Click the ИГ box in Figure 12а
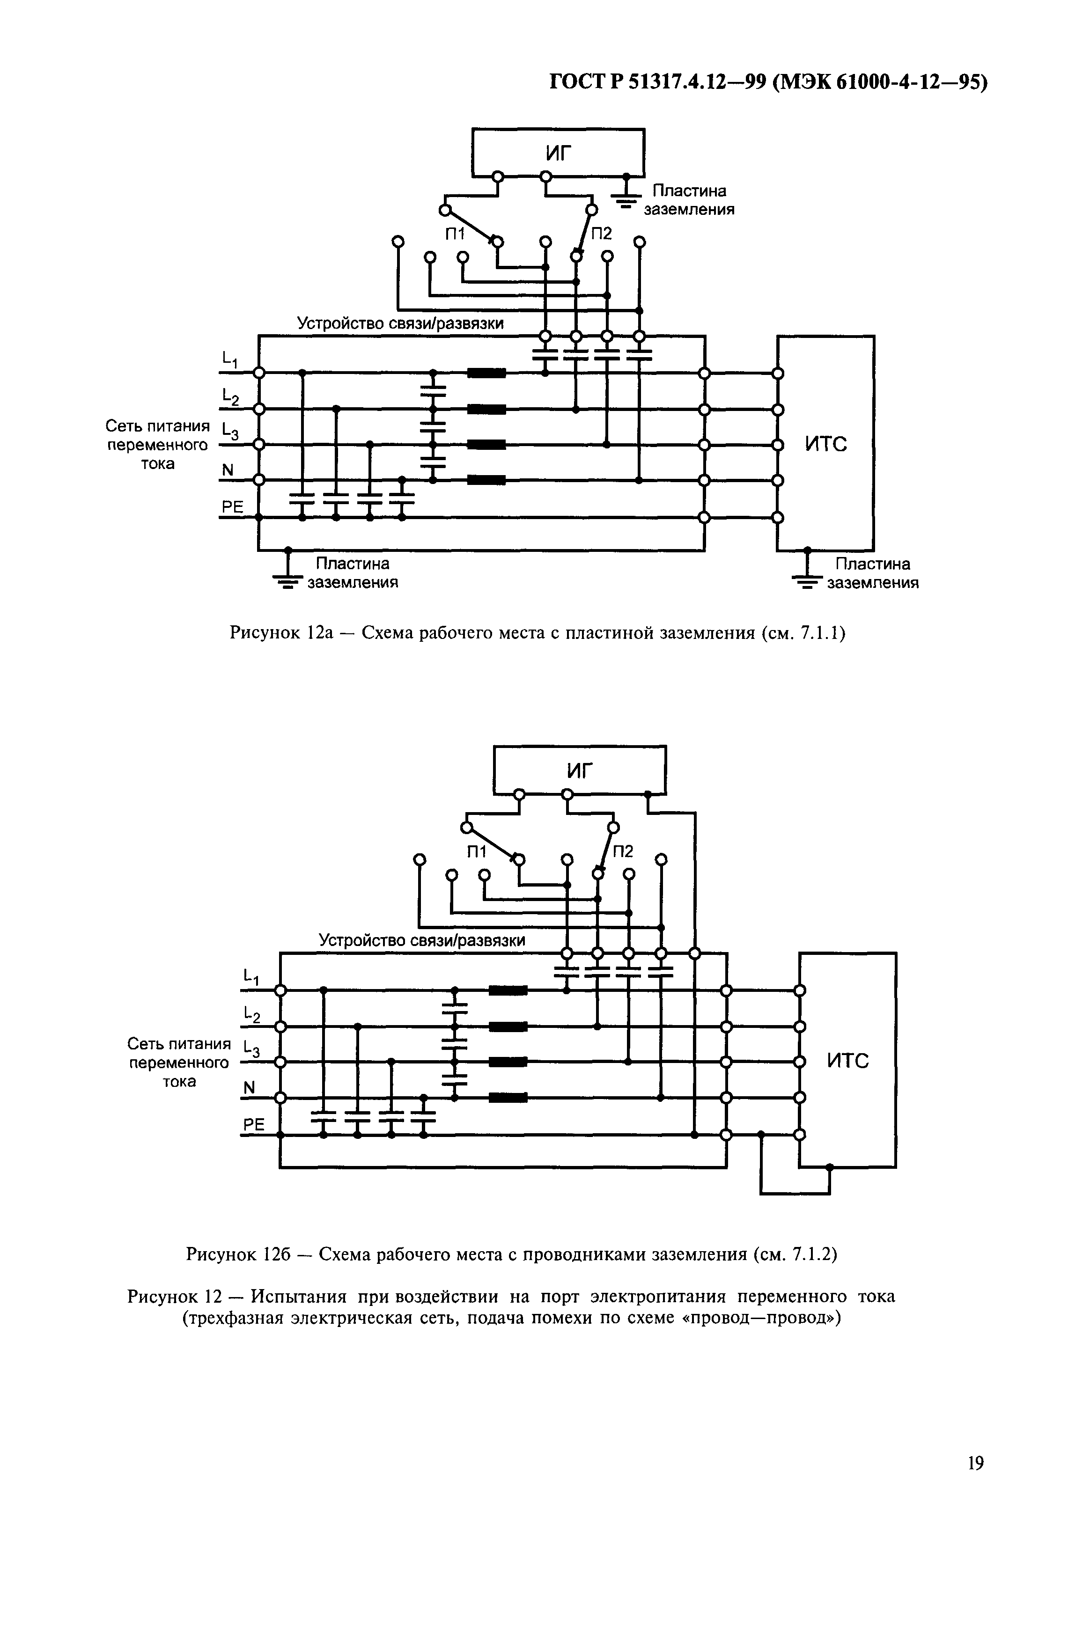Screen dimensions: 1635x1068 coord(558,152)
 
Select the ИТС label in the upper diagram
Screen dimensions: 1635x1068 coord(825,445)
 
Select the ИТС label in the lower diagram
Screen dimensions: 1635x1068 coord(847,1062)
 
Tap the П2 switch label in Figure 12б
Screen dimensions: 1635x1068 coord(623,851)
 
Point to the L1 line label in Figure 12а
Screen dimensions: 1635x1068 coord(229,359)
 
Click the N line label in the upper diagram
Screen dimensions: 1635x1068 coord(228,470)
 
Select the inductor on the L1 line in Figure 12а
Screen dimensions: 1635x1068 coord(486,373)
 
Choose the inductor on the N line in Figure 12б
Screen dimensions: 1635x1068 coord(508,1098)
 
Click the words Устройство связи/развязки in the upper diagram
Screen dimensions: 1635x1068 coord(400,323)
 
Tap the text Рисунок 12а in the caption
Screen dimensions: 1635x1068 coord(280,633)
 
